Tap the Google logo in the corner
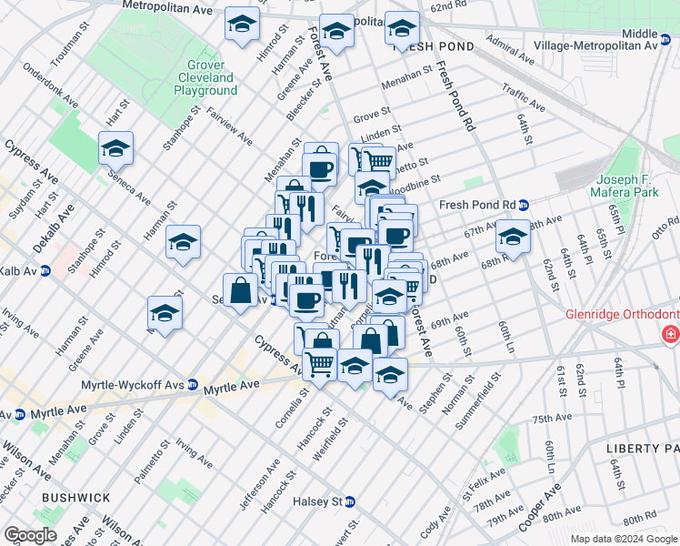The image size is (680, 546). point(29,535)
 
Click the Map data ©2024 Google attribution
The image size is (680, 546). point(624,539)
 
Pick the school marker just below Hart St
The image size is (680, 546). point(116,147)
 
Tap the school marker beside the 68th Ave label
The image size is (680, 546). point(513,239)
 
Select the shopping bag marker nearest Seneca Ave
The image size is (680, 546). point(241,291)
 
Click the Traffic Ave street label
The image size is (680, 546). point(523,98)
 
